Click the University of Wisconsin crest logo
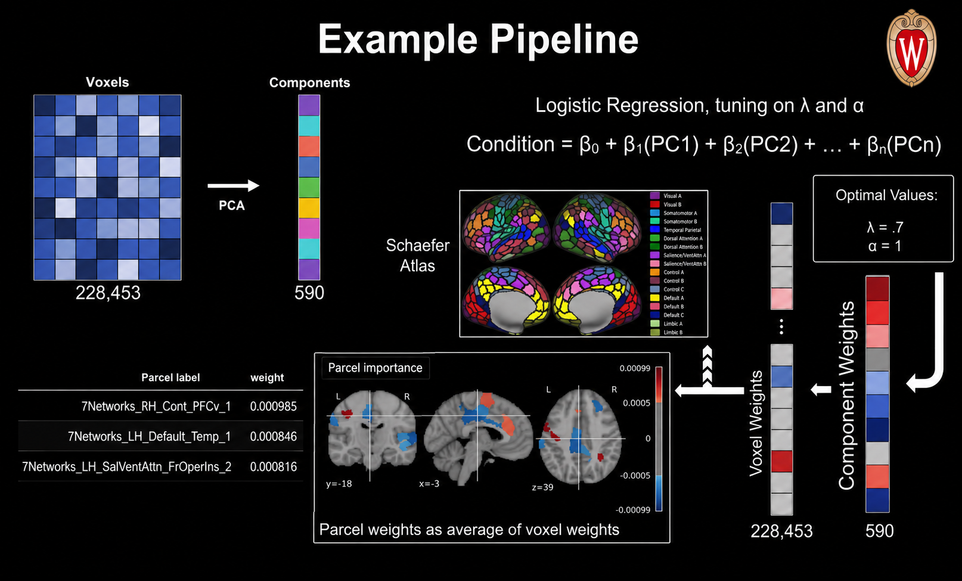click(911, 48)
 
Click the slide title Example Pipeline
click(478, 39)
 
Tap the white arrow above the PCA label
click(233, 185)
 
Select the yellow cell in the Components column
click(309, 208)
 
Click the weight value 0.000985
click(273, 406)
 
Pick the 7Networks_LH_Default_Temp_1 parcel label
click(150, 436)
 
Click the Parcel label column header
click(170, 377)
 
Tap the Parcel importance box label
click(376, 368)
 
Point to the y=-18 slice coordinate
click(339, 484)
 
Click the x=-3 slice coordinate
click(429, 484)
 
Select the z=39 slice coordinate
click(542, 487)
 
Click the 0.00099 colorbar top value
click(635, 368)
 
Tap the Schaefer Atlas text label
click(417, 256)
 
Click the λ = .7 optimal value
click(885, 227)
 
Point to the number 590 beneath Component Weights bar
click(879, 531)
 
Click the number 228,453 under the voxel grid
click(108, 293)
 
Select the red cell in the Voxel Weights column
click(781, 461)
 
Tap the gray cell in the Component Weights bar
click(877, 359)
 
